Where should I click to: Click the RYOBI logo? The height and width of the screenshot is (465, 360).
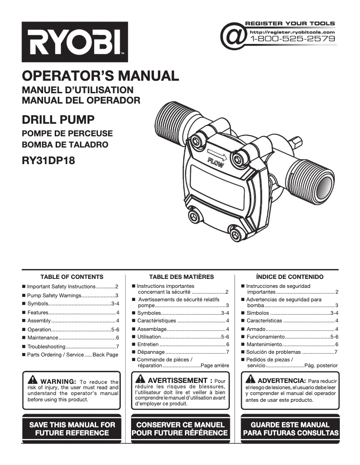(x=75, y=42)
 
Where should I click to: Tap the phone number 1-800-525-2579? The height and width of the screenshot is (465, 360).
(x=292, y=39)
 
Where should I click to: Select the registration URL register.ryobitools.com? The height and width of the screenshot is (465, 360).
(x=292, y=32)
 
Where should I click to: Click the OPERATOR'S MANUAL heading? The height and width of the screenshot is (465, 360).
(x=101, y=75)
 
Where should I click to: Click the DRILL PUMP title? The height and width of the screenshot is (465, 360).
(x=58, y=120)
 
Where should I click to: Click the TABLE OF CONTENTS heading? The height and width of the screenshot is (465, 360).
(x=72, y=277)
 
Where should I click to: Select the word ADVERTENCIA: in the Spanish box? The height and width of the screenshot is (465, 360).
(x=282, y=380)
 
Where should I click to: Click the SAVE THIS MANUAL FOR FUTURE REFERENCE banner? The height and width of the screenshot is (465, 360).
(x=72, y=429)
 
